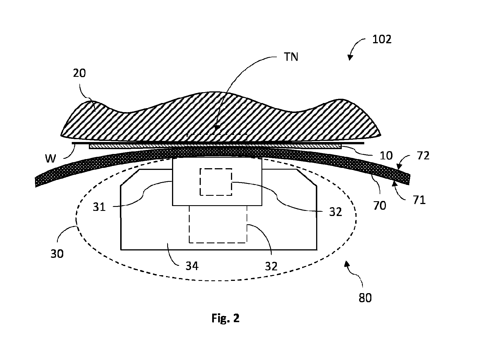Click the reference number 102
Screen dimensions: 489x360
click(x=382, y=39)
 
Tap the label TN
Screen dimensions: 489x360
click(x=291, y=57)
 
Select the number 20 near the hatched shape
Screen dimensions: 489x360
click(x=79, y=73)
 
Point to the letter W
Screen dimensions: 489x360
click(x=50, y=159)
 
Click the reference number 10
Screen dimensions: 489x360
click(x=386, y=156)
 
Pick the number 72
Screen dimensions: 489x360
click(x=423, y=156)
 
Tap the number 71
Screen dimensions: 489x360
click(x=419, y=200)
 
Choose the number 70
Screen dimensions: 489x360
click(x=380, y=205)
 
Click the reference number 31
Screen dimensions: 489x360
click(x=99, y=207)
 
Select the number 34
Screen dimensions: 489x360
click(x=192, y=266)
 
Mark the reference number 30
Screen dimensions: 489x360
click(x=57, y=254)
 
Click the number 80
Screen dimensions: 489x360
click(x=365, y=298)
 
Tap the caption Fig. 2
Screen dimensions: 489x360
click(x=226, y=318)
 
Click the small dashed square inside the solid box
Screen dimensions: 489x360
click(x=216, y=182)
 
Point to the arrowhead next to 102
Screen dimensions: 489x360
click(x=350, y=57)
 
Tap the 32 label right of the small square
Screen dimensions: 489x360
click(x=335, y=212)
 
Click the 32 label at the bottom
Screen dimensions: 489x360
click(x=271, y=266)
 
